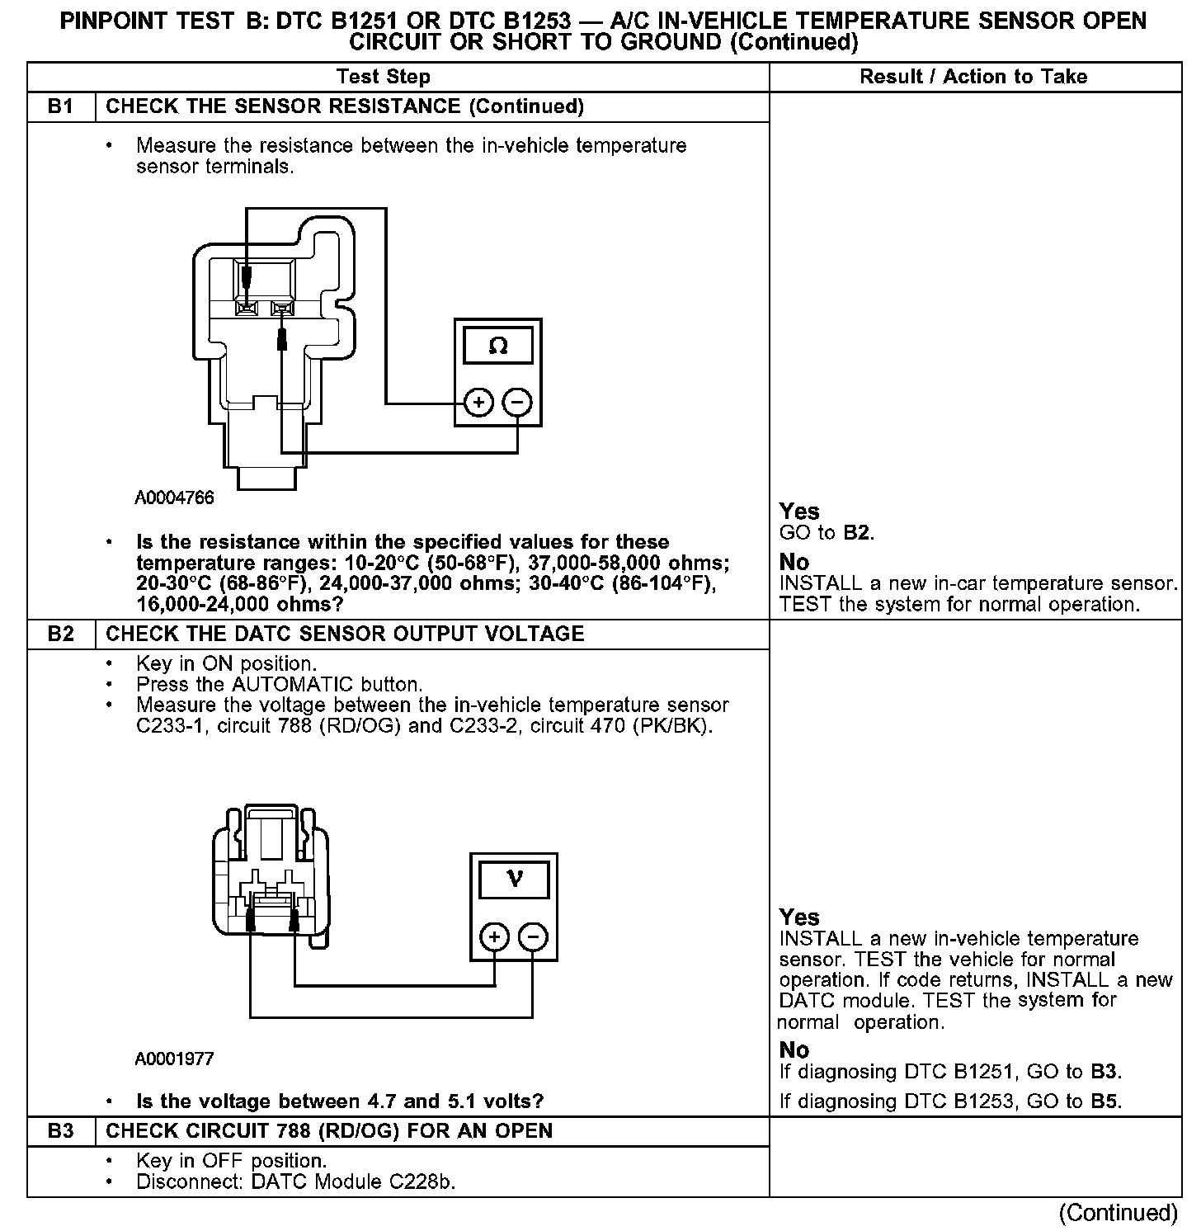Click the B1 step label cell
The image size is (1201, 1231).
[60, 106]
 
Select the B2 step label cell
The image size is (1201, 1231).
[60, 634]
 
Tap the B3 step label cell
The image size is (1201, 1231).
[60, 1130]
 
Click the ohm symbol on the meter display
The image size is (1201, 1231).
[498, 346]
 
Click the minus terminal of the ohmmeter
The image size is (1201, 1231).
[518, 403]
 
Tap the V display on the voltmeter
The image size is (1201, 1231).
[514, 879]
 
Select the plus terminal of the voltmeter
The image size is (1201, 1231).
[494, 937]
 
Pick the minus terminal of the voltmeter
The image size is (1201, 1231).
[534, 937]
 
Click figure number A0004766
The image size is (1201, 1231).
[175, 498]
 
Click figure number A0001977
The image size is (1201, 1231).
[175, 1059]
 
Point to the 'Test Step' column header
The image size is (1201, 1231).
[384, 77]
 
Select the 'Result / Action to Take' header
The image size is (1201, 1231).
[973, 77]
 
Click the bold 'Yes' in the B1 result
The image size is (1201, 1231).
[799, 512]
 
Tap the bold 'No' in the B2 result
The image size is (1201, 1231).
[794, 1049]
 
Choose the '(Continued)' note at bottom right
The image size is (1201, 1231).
[1119, 1212]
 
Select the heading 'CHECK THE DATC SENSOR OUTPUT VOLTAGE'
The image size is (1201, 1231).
[346, 634]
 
